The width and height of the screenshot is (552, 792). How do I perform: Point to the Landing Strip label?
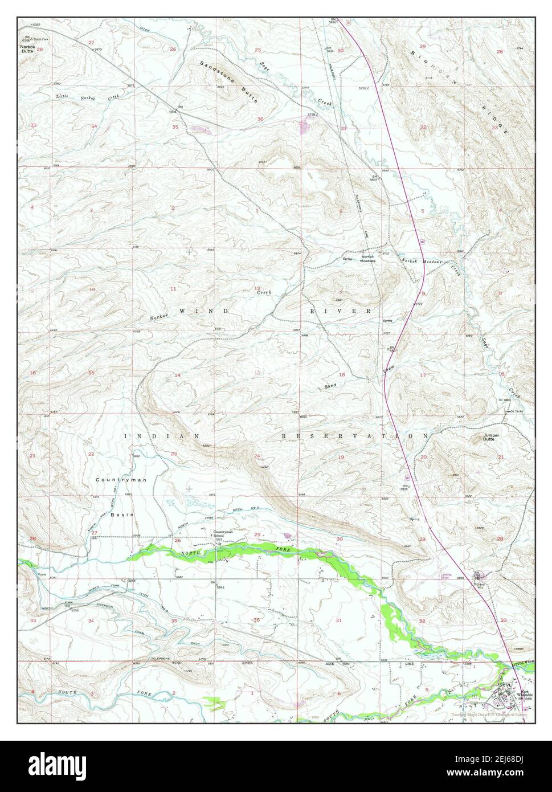point(446,575)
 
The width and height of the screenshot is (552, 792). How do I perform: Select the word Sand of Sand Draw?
point(330,386)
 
